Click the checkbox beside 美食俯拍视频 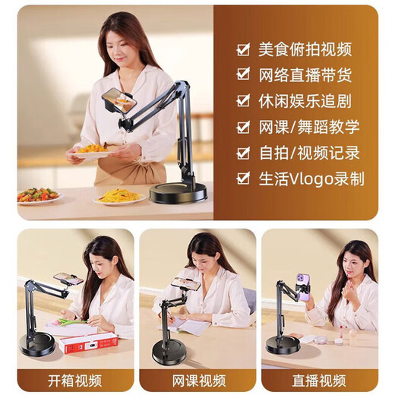pos(243,49)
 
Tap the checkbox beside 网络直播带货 pos(243,74)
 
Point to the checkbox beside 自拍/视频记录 pos(243,153)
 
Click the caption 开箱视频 pos(75,381)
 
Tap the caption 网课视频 pos(197,381)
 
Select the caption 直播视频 pos(320,381)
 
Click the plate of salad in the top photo pos(38,195)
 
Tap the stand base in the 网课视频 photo pos(169,352)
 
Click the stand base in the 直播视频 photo pos(282,345)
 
